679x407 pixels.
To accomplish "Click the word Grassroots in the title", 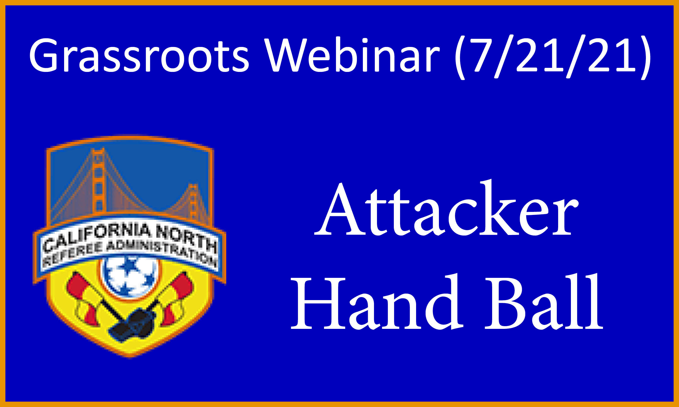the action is click(139, 55).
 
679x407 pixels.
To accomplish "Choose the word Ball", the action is click(543, 302).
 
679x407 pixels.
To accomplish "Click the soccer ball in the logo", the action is click(130, 278).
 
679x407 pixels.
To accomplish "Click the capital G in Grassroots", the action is click(43, 55).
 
